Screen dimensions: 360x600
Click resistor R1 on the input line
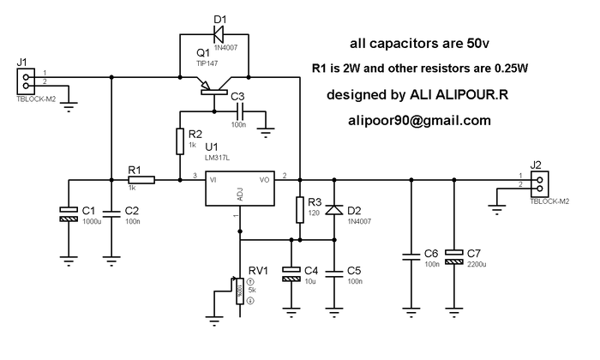pos(142,180)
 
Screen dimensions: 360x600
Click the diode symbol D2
pos(335,210)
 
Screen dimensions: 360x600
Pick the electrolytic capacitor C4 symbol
pos(291,273)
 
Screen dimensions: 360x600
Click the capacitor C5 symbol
pos(335,273)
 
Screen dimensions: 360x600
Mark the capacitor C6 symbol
pos(411,255)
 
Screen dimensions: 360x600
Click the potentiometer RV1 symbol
pos(239,290)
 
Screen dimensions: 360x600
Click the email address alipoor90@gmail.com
pos(418,121)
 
